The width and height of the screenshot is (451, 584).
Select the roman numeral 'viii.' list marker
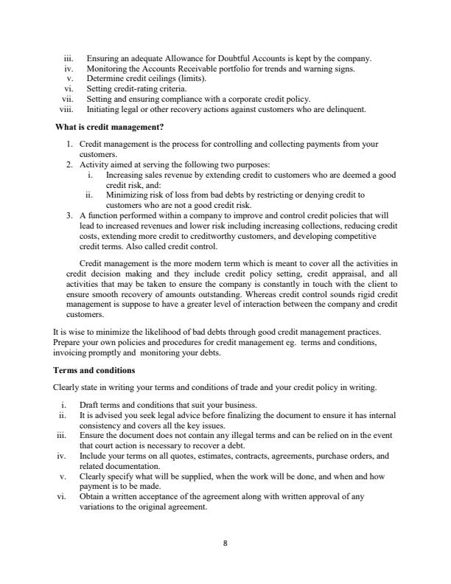click(x=68, y=109)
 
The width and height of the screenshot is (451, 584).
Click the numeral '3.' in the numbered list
click(x=71, y=215)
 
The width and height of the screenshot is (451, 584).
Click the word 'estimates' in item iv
click(x=197, y=456)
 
